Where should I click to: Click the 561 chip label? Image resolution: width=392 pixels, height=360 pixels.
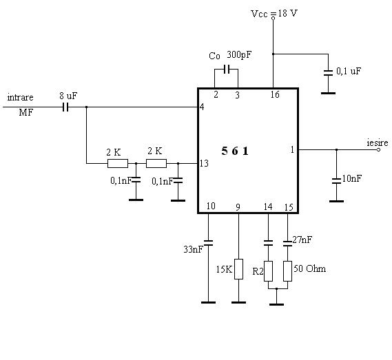(235, 151)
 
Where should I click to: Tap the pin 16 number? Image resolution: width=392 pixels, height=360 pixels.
(275, 94)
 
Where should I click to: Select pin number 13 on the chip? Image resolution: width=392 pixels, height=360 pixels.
(204, 163)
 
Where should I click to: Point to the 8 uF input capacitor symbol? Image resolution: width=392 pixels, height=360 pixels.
(65, 107)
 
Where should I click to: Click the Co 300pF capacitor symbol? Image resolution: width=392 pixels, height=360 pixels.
(227, 70)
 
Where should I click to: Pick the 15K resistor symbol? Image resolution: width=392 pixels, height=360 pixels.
(239, 269)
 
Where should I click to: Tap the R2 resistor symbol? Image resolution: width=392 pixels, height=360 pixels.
(268, 271)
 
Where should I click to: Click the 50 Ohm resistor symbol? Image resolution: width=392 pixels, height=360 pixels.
(287, 271)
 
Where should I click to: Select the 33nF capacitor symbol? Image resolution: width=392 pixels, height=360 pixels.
(208, 243)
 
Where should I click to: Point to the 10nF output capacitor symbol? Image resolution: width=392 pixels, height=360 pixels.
(336, 181)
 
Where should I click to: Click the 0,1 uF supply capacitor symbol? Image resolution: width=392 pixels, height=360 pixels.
(328, 73)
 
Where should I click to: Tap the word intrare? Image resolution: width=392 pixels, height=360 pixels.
(20, 97)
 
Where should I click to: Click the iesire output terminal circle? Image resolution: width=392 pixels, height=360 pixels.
(378, 149)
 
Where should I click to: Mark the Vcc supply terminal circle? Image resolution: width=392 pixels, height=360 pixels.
(274, 18)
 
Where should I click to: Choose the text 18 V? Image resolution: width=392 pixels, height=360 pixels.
(287, 13)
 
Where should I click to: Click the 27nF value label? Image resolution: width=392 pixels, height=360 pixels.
(302, 240)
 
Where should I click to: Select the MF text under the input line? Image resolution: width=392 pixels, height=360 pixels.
(26, 112)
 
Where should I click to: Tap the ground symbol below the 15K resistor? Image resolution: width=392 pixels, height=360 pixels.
(239, 303)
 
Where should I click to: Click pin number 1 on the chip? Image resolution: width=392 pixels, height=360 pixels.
(292, 149)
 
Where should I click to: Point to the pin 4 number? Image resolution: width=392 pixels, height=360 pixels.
(202, 107)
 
